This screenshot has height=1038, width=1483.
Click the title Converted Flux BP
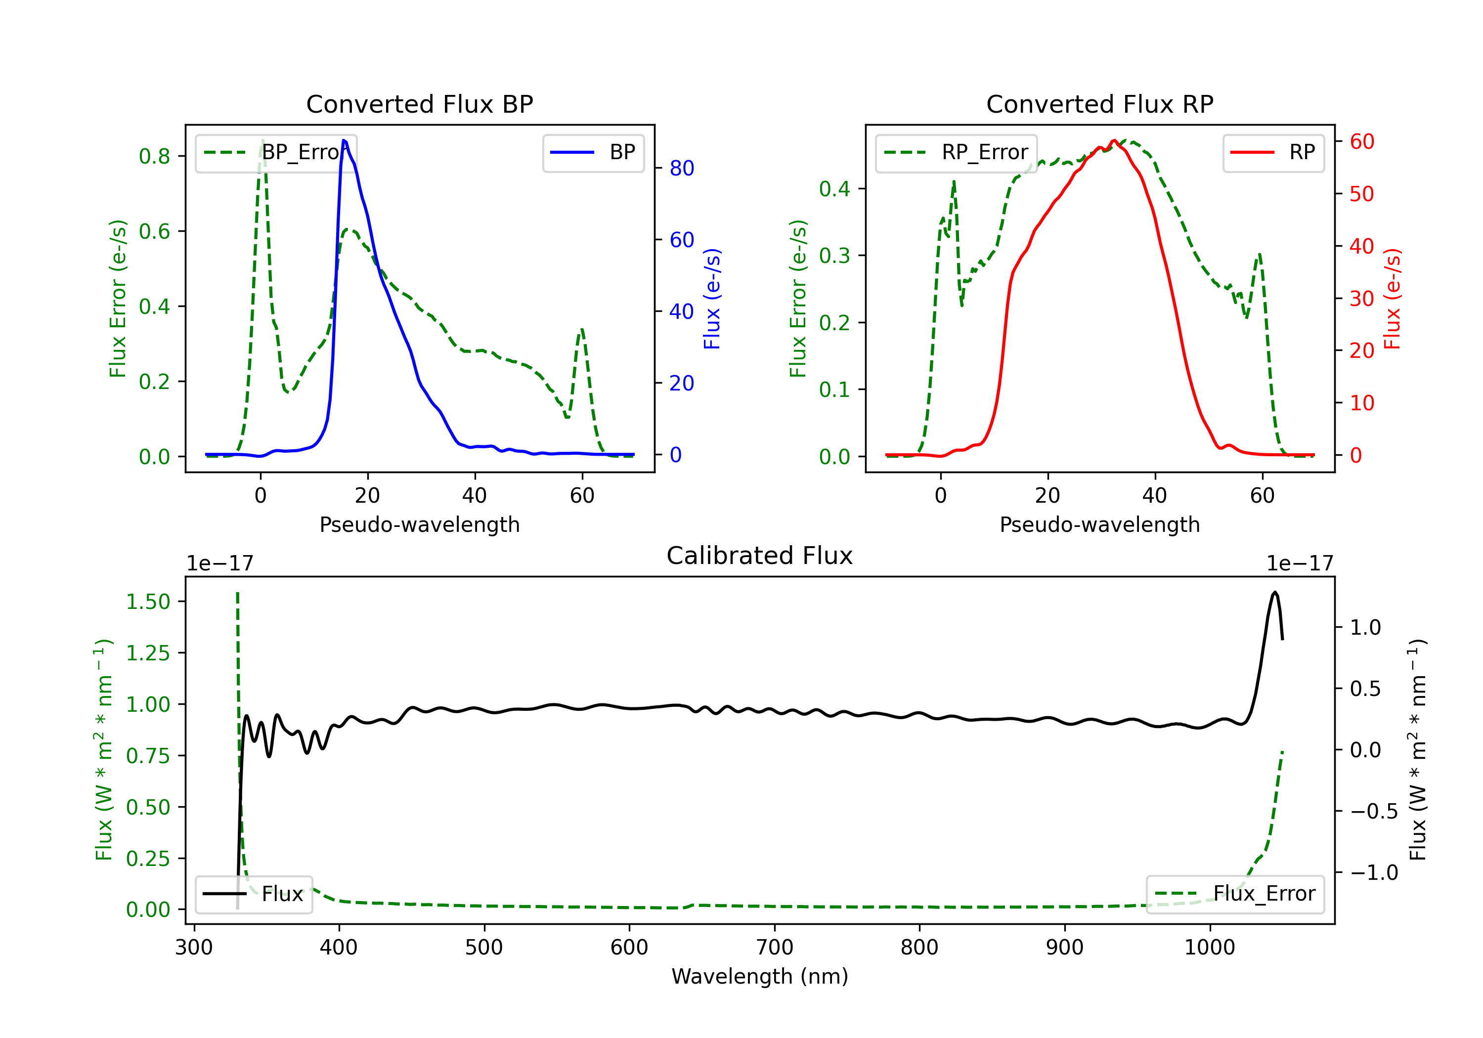(419, 104)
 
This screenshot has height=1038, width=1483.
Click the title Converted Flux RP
(1099, 104)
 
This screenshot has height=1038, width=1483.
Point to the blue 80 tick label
(681, 169)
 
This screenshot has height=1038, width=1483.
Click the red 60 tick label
(1361, 141)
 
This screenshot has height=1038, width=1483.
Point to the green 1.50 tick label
(148, 602)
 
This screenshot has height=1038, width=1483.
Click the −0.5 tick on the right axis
(1373, 811)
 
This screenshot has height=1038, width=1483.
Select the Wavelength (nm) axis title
(760, 976)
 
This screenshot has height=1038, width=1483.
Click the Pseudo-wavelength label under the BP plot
(419, 524)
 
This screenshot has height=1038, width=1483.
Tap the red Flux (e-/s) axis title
(1392, 299)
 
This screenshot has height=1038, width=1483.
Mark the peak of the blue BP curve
(344, 140)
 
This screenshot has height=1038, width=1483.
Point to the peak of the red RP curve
(1114, 140)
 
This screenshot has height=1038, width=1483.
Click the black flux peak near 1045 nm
(1274, 592)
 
